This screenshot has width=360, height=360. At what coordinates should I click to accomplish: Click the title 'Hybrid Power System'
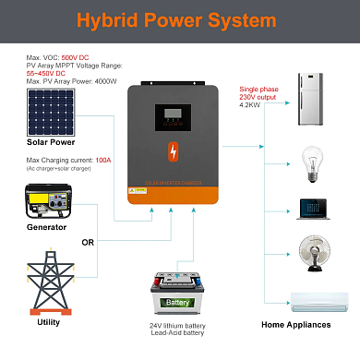(x=180, y=20)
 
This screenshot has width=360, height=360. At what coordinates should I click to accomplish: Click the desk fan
(x=308, y=253)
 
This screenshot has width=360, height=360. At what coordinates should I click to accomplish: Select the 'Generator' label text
(x=45, y=226)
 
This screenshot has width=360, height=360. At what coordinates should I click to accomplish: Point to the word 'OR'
(x=90, y=245)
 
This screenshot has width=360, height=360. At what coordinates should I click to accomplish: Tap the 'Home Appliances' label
(x=296, y=325)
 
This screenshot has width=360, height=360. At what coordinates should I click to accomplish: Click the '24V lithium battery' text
(x=181, y=326)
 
